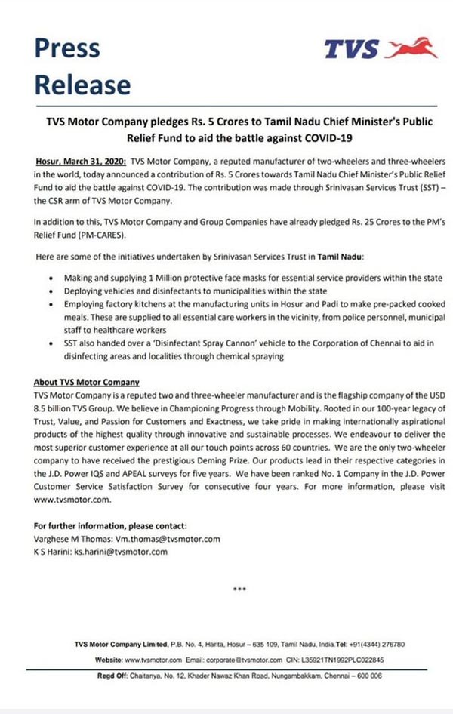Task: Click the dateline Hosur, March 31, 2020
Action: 81,162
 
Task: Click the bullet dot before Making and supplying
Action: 51,279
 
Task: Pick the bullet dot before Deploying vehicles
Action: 51,291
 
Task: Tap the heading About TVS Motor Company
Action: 87,383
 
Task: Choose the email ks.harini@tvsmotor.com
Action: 121,552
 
